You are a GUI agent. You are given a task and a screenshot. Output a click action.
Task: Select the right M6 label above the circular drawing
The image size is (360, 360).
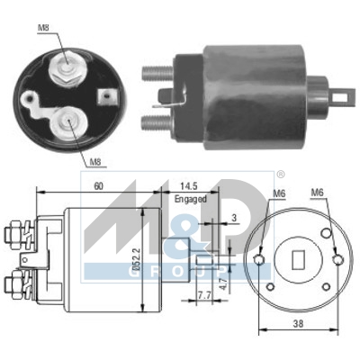coord(317,193)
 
